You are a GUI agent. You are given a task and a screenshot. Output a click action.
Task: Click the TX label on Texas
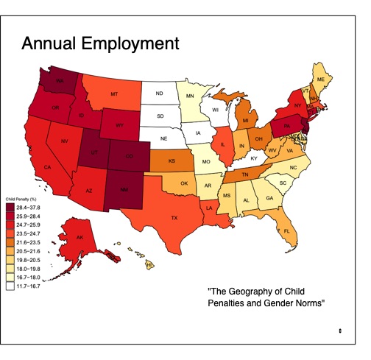[x=174, y=218]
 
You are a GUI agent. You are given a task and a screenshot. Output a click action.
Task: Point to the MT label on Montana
[x=115, y=95]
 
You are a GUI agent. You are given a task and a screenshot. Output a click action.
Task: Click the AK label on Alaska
[x=79, y=236]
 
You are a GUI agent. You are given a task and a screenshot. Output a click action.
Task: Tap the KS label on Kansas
[x=172, y=160]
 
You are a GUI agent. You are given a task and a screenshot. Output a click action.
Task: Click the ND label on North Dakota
[x=159, y=93]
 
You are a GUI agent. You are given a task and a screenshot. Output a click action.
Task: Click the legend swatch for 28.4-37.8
[x=10, y=208]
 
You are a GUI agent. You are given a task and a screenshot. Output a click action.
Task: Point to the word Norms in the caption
[x=307, y=303]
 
